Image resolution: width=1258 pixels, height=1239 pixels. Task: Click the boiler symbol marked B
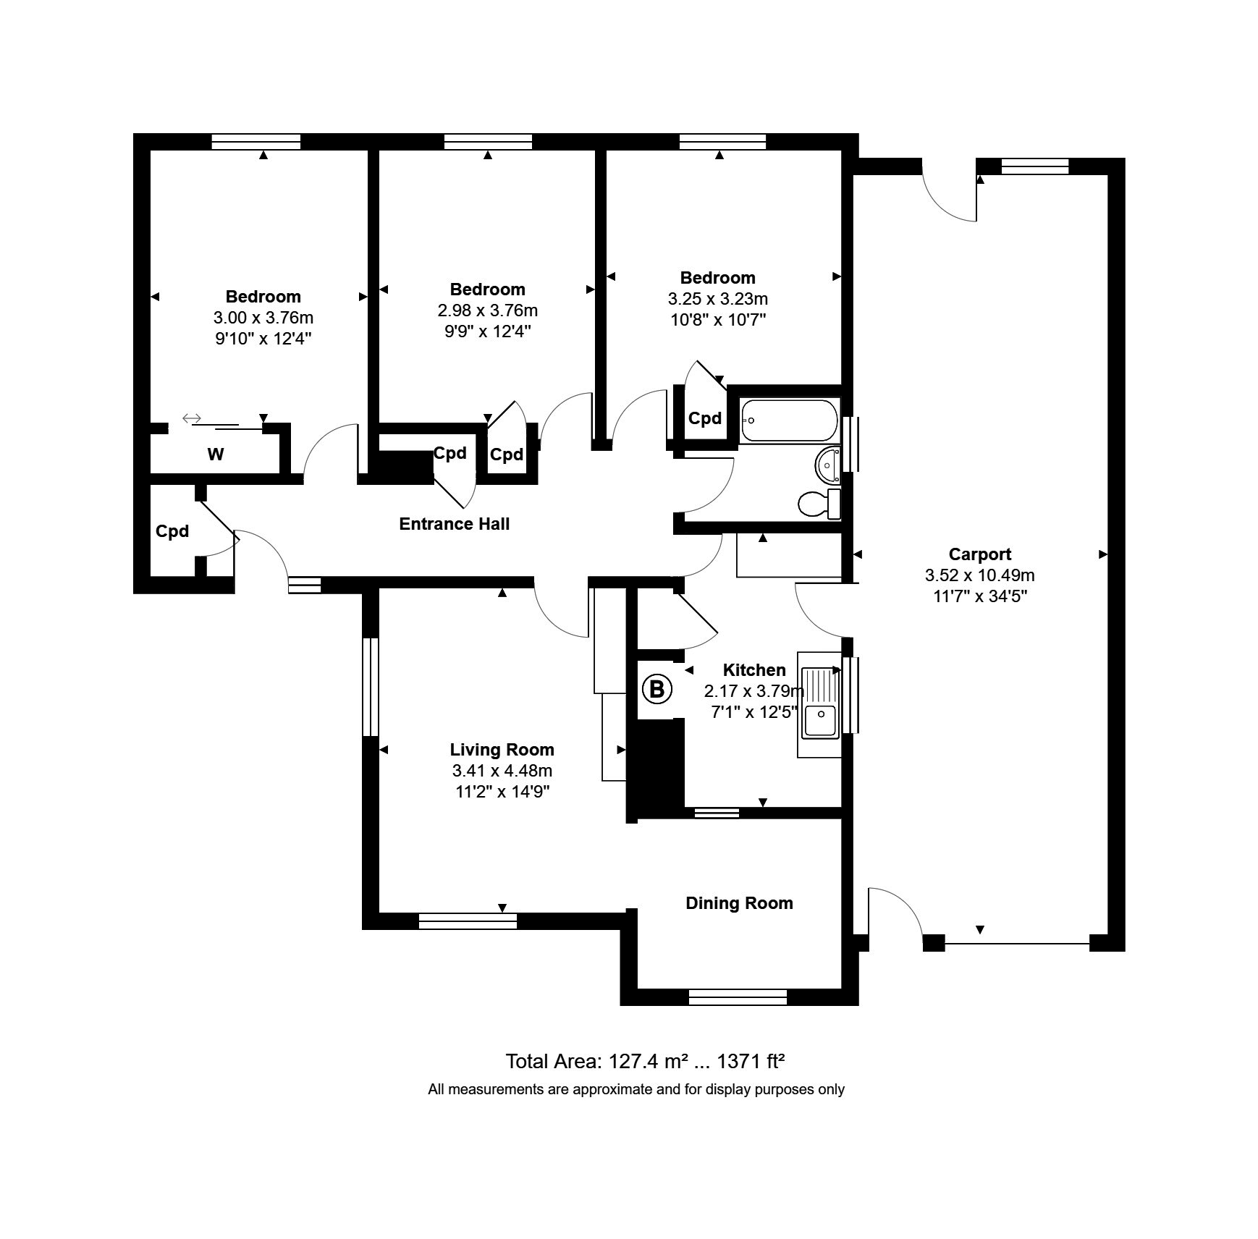coord(657,689)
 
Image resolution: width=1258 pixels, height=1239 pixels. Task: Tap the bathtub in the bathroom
coord(790,420)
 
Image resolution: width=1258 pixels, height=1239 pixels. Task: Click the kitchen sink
coord(819,703)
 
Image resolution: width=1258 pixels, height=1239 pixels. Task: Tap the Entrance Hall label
coord(455,524)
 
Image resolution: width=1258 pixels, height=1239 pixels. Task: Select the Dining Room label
coord(739,903)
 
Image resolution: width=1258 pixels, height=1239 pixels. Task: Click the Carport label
coord(980,554)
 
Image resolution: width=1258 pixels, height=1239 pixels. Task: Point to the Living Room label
coord(502,750)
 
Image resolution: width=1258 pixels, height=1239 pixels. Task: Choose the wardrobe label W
coord(216,454)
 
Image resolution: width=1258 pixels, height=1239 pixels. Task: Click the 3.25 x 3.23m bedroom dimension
coord(718,299)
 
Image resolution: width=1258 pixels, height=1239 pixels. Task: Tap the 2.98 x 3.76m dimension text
coord(487,311)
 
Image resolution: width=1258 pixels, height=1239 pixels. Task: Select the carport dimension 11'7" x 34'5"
coord(980,596)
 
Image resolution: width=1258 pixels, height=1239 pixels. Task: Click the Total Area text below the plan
coord(645,1062)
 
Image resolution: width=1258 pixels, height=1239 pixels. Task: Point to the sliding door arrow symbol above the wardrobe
coord(191,418)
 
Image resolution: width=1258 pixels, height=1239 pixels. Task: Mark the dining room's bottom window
coord(738,998)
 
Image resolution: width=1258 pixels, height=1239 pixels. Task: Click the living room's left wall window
coord(370,687)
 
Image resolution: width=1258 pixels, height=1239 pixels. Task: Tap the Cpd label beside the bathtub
coord(705,418)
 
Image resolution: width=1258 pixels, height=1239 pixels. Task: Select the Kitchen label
coord(754,670)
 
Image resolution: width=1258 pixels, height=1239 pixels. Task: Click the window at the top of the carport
coord(1035,166)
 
